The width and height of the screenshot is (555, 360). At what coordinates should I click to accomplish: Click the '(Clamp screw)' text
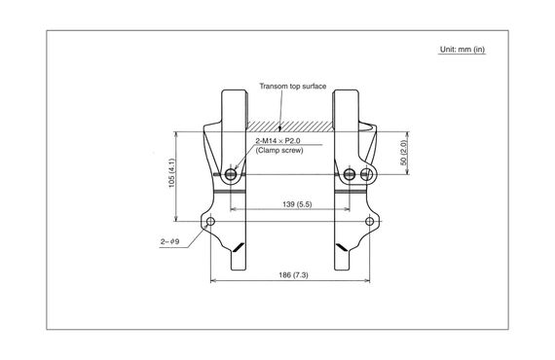tap(277, 153)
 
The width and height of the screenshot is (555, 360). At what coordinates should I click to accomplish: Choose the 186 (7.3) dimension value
tap(289, 276)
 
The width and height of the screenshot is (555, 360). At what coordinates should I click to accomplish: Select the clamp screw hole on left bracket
tap(232, 175)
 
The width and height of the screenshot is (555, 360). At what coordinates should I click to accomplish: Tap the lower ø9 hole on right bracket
tap(368, 223)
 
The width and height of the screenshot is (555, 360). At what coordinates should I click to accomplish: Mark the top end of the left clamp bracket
tap(233, 93)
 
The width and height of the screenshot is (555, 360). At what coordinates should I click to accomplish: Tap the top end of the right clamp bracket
tap(346, 93)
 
